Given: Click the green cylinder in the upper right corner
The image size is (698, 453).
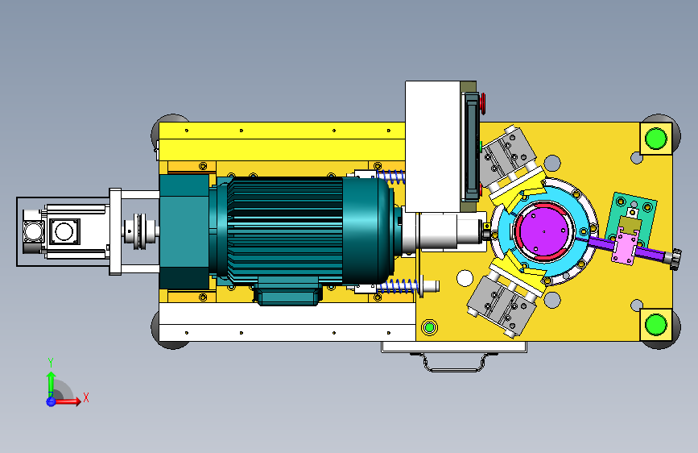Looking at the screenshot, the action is pyautogui.click(x=655, y=138).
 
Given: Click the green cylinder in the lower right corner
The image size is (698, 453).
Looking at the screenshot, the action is pyautogui.click(x=655, y=324).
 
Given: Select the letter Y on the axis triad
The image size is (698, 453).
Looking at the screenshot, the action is pyautogui.click(x=51, y=363).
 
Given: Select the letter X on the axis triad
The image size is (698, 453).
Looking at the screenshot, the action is pyautogui.click(x=86, y=397).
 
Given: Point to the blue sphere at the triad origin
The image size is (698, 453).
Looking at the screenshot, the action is pyautogui.click(x=51, y=401).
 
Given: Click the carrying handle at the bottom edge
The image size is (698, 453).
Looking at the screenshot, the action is pyautogui.click(x=454, y=362).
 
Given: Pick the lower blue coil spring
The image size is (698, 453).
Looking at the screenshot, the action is pyautogui.click(x=398, y=287).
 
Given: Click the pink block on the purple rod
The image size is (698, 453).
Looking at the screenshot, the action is pyautogui.click(x=626, y=246).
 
